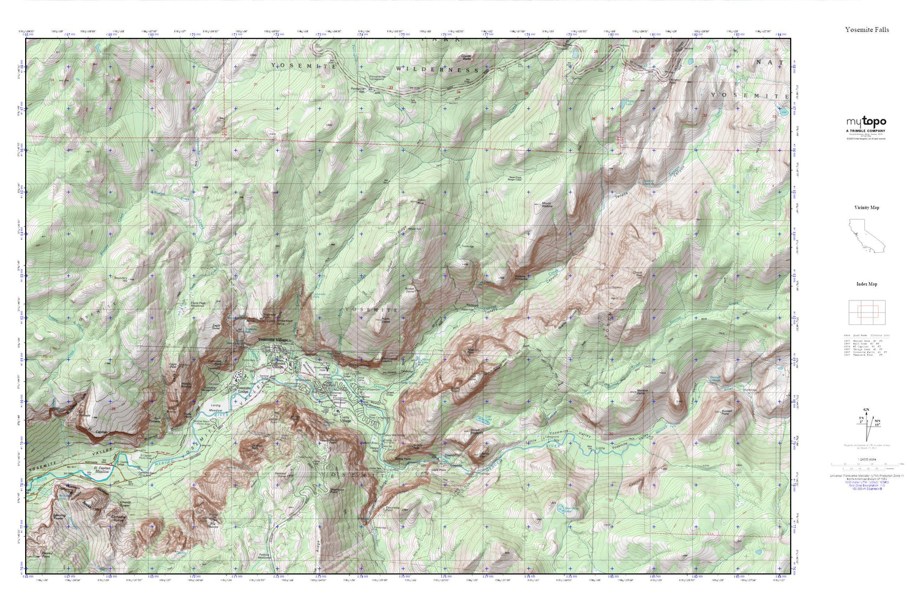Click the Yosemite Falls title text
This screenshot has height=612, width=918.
[867, 29]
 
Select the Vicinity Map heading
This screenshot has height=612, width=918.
[867, 207]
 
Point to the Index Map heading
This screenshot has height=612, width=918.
[867, 284]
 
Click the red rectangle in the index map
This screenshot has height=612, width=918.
[867, 313]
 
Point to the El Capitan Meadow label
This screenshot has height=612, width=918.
[101, 470]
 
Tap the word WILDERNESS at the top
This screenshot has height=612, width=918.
[437, 70]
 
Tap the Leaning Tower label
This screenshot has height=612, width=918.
[59, 518]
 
